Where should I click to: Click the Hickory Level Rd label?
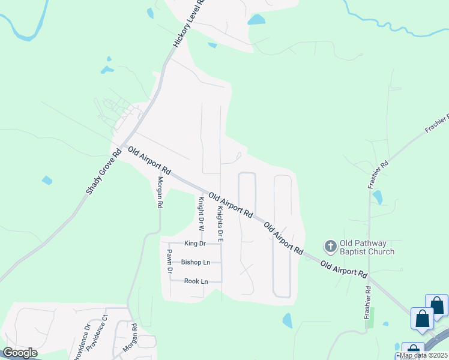point(189,24)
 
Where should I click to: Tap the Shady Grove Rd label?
point(103,172)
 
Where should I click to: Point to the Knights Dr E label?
point(220,221)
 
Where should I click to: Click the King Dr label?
point(195,244)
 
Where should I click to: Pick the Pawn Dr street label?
point(170,262)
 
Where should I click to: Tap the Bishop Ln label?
point(196,262)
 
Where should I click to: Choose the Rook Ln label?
point(196,281)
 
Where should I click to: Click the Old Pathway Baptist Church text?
point(367,247)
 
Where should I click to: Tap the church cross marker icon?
point(330,246)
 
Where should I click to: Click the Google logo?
point(20,353)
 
